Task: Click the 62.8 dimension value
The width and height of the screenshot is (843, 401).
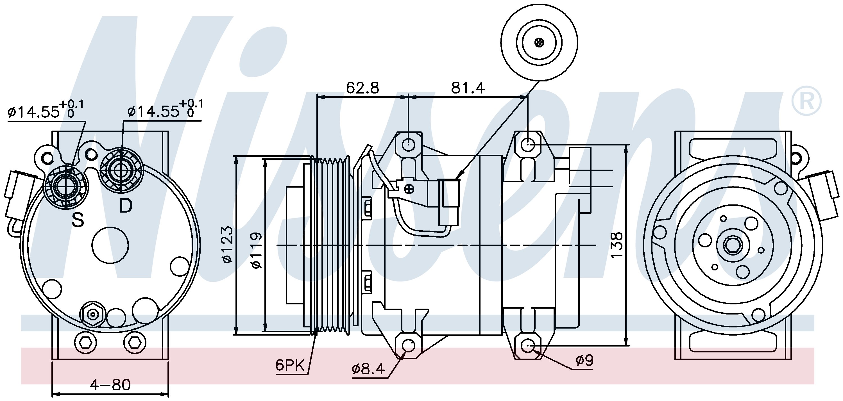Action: tap(362, 88)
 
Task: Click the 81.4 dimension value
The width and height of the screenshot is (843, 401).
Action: tap(468, 88)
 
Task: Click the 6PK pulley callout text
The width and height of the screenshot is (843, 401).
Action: tap(290, 365)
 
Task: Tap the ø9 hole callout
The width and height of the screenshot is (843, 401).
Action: tap(584, 361)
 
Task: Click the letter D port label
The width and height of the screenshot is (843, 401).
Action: tap(125, 206)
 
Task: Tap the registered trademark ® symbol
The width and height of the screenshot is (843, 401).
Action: tap(806, 101)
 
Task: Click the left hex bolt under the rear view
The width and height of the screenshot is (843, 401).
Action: tap(85, 343)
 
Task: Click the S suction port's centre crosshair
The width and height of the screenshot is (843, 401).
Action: tap(66, 187)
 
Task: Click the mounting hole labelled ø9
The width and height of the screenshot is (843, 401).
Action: tap(527, 345)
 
